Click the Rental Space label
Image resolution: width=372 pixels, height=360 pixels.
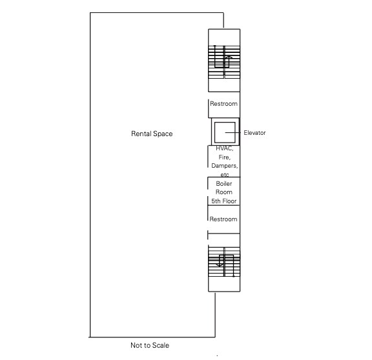pyautogui.click(x=152, y=134)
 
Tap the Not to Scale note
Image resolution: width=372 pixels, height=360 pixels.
pyautogui.click(x=150, y=345)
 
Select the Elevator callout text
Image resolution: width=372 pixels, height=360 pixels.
pyautogui.click(x=254, y=133)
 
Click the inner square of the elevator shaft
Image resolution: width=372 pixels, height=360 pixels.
pyautogui.click(x=225, y=132)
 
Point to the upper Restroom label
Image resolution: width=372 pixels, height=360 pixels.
pyautogui.click(x=223, y=104)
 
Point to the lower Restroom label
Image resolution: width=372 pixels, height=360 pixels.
pyautogui.click(x=223, y=219)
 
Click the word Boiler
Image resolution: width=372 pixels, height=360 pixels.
pyautogui.click(x=224, y=183)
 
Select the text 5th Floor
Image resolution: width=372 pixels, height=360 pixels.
pyautogui.click(x=224, y=201)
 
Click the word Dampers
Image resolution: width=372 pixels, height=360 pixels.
pyautogui.click(x=225, y=166)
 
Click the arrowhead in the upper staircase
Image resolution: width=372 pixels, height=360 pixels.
pyautogui.click(x=229, y=57)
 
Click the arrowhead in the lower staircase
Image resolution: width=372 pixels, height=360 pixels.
pyautogui.click(x=220, y=265)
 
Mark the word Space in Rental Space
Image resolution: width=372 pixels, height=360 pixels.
pyautogui.click(x=163, y=134)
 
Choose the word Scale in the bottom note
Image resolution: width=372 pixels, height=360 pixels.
pyautogui.click(x=161, y=345)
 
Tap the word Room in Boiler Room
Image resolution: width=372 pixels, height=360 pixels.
pyautogui.click(x=224, y=192)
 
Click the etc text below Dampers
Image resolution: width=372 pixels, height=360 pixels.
pyautogui.click(x=225, y=175)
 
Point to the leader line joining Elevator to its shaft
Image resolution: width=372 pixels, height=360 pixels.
pyautogui.click(x=232, y=132)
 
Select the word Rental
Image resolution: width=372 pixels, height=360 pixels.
pyautogui.click(x=141, y=134)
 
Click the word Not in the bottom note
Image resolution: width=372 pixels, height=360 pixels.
pyautogui.click(x=136, y=345)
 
